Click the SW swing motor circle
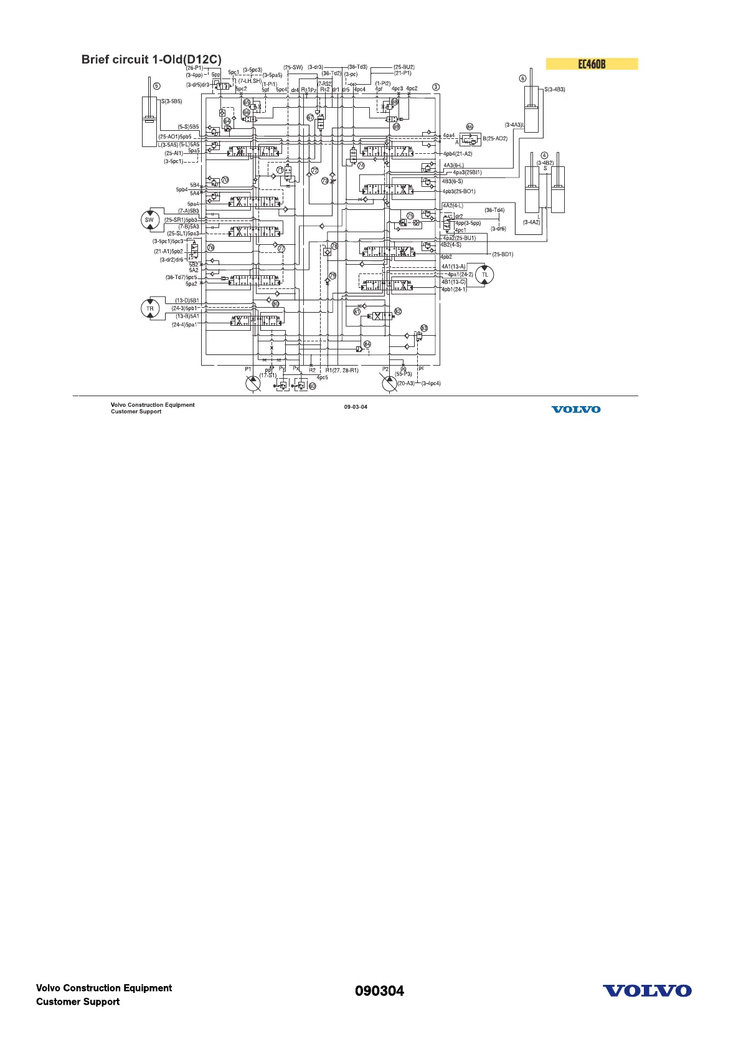149,219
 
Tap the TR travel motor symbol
149,308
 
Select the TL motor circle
484,275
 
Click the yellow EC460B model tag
592,64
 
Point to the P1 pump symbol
253,383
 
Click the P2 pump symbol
389,383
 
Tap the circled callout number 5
156,86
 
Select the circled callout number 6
523,78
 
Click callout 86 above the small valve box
470,126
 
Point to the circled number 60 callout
313,386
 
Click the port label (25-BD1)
503,254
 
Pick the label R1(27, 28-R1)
342,371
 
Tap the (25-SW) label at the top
293,67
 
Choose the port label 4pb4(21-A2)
458,154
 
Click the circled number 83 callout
424,328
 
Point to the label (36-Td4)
494,211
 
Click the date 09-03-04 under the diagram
356,407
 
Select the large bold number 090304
379,991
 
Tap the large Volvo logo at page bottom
646,991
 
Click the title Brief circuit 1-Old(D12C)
151,60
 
